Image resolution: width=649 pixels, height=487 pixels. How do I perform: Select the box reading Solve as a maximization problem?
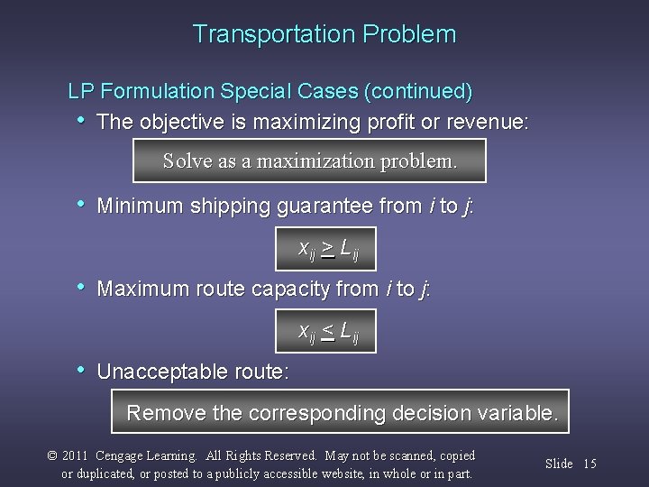click(x=309, y=162)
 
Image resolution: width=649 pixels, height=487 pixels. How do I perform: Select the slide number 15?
click(x=590, y=464)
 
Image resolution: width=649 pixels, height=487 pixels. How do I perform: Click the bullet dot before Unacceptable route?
click(x=82, y=370)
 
